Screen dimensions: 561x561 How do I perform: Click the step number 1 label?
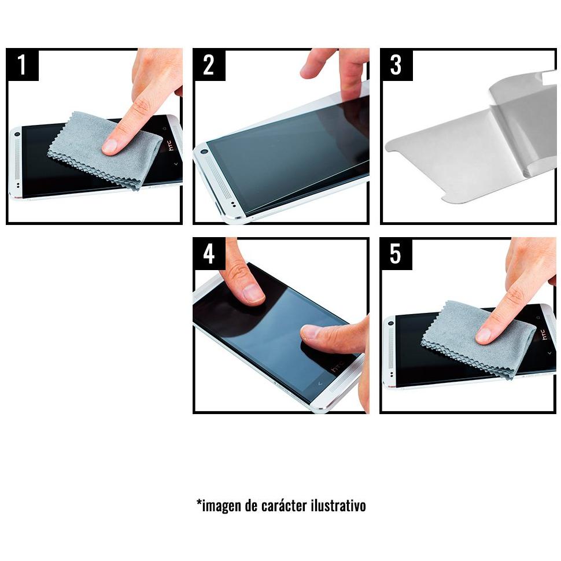coord(22,65)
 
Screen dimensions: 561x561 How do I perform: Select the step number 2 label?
coord(209,65)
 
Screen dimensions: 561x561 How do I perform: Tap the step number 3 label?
coord(396,65)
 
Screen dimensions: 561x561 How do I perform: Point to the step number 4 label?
coord(209,254)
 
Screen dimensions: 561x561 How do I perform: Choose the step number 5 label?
coord(396,254)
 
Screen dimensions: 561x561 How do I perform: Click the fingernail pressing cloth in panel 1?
coord(109,146)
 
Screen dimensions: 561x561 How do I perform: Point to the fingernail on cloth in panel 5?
coord(484,335)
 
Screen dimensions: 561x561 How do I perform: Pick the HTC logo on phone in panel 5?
coord(544,333)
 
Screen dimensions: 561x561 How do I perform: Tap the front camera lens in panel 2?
coord(204,152)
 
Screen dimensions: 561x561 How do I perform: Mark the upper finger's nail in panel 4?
coord(253,293)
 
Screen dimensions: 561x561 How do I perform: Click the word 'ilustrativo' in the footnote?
coord(338,505)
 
